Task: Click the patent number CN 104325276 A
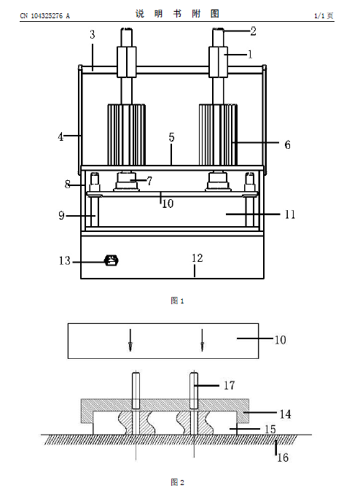point(44,15)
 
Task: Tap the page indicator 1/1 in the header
point(319,15)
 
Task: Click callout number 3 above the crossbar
point(93,34)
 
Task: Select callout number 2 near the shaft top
point(254,31)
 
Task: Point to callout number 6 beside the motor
point(288,144)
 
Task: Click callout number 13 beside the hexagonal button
point(65,260)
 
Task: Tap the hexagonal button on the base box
point(112,260)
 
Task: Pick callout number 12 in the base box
point(197,258)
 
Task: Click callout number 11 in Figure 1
point(290,214)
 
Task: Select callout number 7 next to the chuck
point(149,181)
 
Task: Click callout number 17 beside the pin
point(229,386)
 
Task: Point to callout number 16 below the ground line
point(283,457)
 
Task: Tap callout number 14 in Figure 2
point(286,414)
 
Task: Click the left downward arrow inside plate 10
point(130,340)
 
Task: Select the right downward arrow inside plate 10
point(203,340)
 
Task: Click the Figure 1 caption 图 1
point(177,301)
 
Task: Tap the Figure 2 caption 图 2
point(177,482)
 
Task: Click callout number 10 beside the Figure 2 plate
point(280,340)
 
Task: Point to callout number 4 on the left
point(60,136)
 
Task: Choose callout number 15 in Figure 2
point(270,430)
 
